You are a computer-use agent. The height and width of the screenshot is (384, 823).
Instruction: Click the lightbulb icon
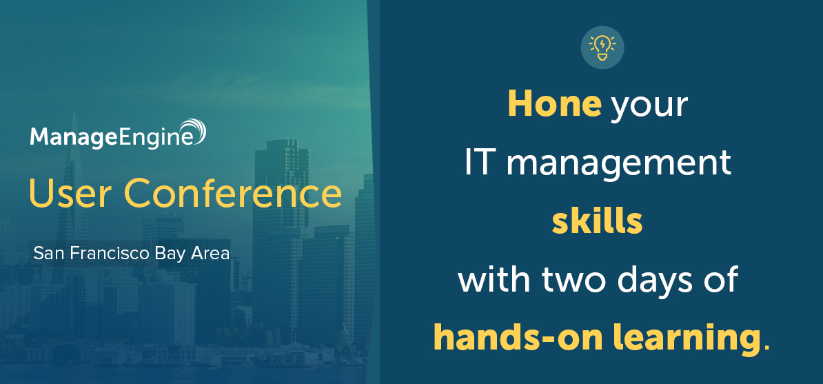pos(602,48)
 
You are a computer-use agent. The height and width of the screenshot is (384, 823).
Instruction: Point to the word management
pos(618,164)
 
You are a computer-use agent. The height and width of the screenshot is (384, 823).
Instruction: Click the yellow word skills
pos(598,222)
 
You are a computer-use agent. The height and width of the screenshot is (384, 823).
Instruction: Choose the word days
pos(660,281)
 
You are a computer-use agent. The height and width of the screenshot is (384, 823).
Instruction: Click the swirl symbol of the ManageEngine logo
pos(192,131)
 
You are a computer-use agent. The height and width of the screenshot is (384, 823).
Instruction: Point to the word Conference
pos(232,193)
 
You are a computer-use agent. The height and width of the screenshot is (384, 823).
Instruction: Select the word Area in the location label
pos(212,254)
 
